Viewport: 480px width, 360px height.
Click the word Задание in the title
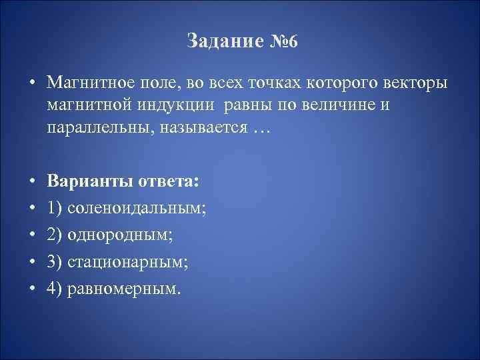pyautogui.click(x=221, y=42)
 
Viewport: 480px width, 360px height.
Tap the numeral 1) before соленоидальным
pyautogui.click(x=55, y=209)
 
